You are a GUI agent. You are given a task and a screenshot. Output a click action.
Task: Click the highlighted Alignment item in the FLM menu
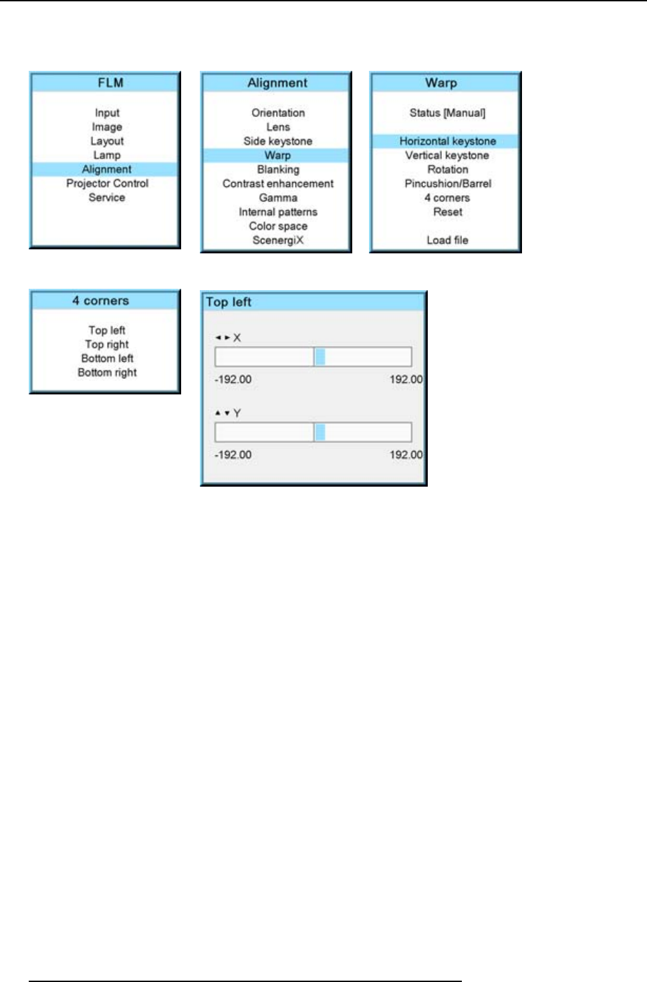[106, 169]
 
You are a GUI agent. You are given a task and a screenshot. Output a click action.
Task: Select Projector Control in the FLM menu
[107, 183]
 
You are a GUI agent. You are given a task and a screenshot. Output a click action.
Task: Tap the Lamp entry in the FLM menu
[107, 155]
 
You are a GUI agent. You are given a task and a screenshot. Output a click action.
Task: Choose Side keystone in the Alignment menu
[277, 141]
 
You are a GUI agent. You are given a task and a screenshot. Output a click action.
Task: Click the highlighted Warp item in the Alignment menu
[277, 155]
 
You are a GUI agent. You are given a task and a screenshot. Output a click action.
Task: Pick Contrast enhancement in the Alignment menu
[277, 183]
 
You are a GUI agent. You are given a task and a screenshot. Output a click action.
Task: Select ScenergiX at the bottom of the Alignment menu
[277, 240]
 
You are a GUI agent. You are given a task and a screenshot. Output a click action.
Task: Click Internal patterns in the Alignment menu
[277, 212]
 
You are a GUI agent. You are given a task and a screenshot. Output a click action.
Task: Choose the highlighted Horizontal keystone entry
[447, 141]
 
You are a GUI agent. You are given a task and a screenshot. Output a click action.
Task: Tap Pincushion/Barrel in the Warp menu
[447, 183]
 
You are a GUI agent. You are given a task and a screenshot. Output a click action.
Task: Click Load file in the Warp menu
[447, 240]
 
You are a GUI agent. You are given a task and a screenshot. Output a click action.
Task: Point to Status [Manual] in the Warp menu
[447, 113]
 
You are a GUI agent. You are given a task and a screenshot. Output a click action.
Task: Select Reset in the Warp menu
[447, 212]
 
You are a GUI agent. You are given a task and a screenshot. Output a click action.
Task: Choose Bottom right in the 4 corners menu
[107, 372]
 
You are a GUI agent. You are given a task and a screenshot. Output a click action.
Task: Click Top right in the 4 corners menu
[107, 344]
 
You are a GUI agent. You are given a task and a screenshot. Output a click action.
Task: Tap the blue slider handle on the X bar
[320, 357]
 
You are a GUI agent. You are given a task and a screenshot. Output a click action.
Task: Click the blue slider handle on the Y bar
[320, 432]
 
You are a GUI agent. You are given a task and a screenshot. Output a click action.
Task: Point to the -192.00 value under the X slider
[233, 380]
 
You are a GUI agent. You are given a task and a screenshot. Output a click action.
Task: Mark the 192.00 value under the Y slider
[406, 455]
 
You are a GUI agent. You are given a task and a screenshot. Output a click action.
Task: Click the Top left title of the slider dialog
[229, 302]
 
